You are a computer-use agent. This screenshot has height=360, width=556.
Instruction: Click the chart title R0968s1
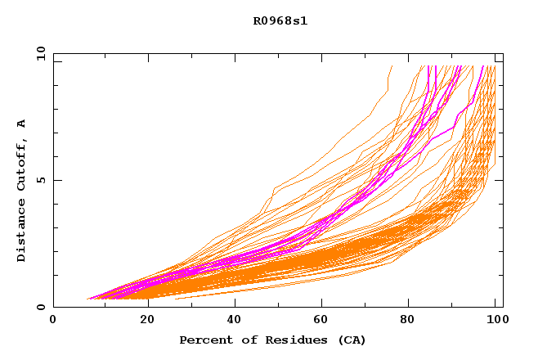coord(280,21)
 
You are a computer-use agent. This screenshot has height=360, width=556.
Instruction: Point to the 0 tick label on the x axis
coord(53,320)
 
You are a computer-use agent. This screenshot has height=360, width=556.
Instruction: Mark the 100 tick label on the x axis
coord(495,320)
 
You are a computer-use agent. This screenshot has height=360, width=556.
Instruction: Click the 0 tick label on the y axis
coord(41,308)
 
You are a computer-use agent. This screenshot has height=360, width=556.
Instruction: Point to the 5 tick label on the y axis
coord(41,180)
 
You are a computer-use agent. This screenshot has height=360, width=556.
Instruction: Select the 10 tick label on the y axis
coord(38,53)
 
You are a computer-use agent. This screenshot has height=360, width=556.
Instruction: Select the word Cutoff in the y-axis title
coord(22,164)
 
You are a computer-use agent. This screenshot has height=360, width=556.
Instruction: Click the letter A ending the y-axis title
coord(22,124)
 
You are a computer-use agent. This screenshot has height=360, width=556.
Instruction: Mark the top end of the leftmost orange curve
coord(392,66)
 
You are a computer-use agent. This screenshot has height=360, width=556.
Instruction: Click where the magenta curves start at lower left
coord(88,299)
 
